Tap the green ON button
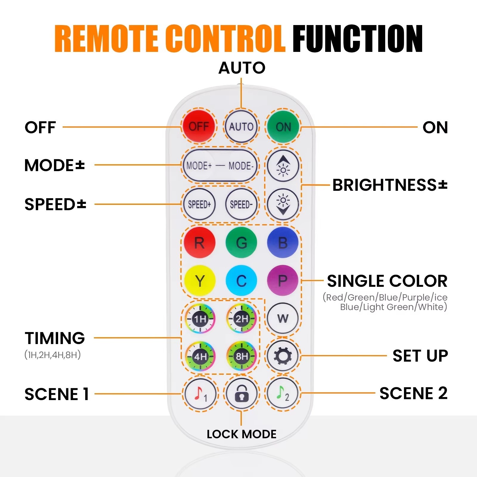coord(283,127)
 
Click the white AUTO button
coord(241,127)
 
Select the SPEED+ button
coord(199,204)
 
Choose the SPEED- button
coord(241,204)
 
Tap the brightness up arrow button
coord(283,166)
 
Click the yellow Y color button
coord(199,281)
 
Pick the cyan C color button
coord(241,281)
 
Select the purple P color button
coord(283,281)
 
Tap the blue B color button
coord(283,242)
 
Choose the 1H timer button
coord(200,319)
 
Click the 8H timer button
coord(241,356)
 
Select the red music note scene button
coord(200,394)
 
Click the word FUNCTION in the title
coord(357,39)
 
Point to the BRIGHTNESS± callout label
coord(390,185)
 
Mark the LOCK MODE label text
coord(241,434)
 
